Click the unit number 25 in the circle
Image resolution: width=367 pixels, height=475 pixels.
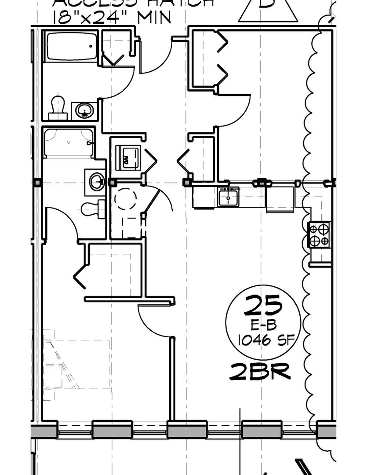click(x=263, y=305)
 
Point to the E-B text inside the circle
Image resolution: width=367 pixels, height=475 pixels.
click(x=263, y=325)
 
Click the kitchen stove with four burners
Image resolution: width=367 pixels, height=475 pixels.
click(x=319, y=235)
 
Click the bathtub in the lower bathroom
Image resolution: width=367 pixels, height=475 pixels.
click(x=69, y=142)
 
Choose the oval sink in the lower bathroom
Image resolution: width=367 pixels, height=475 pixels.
click(x=96, y=181)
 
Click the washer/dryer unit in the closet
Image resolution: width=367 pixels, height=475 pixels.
click(x=128, y=157)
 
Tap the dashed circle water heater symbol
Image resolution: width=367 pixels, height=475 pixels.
click(x=127, y=199)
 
